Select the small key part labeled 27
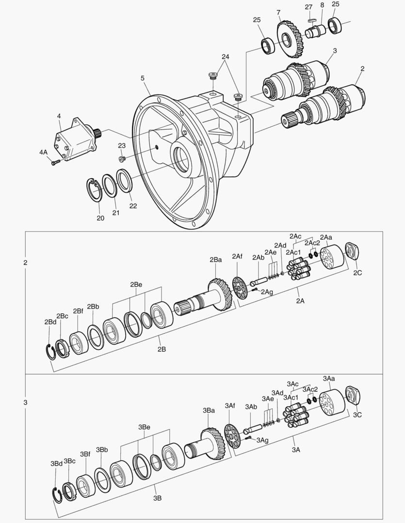[311, 21]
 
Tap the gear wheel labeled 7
[290, 39]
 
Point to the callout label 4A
[44, 152]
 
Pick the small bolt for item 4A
[55, 162]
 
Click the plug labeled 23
[122, 158]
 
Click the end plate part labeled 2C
[353, 252]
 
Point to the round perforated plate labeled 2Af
[238, 287]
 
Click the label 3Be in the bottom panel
[144, 427]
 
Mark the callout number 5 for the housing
[143, 78]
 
